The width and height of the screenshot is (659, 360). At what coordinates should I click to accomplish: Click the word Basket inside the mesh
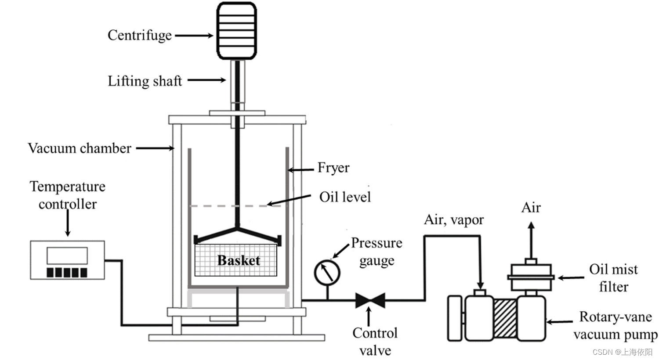coord(239,260)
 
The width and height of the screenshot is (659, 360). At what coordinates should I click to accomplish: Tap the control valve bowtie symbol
coord(370,300)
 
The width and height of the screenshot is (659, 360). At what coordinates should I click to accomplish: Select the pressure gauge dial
coord(327,273)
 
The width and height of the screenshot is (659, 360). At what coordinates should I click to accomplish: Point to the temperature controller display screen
coord(67,256)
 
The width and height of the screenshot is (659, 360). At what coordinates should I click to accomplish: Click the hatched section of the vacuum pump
coord(505,319)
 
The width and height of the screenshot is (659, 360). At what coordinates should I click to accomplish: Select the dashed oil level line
coord(228,205)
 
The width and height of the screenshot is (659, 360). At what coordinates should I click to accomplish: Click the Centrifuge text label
coord(139,35)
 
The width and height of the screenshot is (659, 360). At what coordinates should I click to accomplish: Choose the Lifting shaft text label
coord(145,81)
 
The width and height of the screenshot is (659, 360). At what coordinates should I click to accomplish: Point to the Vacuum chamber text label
coord(80,148)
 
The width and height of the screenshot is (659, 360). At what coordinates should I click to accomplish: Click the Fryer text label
coord(333,168)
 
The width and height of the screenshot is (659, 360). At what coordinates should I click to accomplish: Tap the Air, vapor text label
coord(453,220)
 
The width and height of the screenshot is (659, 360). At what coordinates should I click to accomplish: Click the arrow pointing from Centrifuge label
coord(194,35)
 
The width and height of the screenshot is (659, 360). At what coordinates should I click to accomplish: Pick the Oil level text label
coord(345,197)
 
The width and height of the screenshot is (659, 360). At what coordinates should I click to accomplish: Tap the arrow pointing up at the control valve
coord(369,316)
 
